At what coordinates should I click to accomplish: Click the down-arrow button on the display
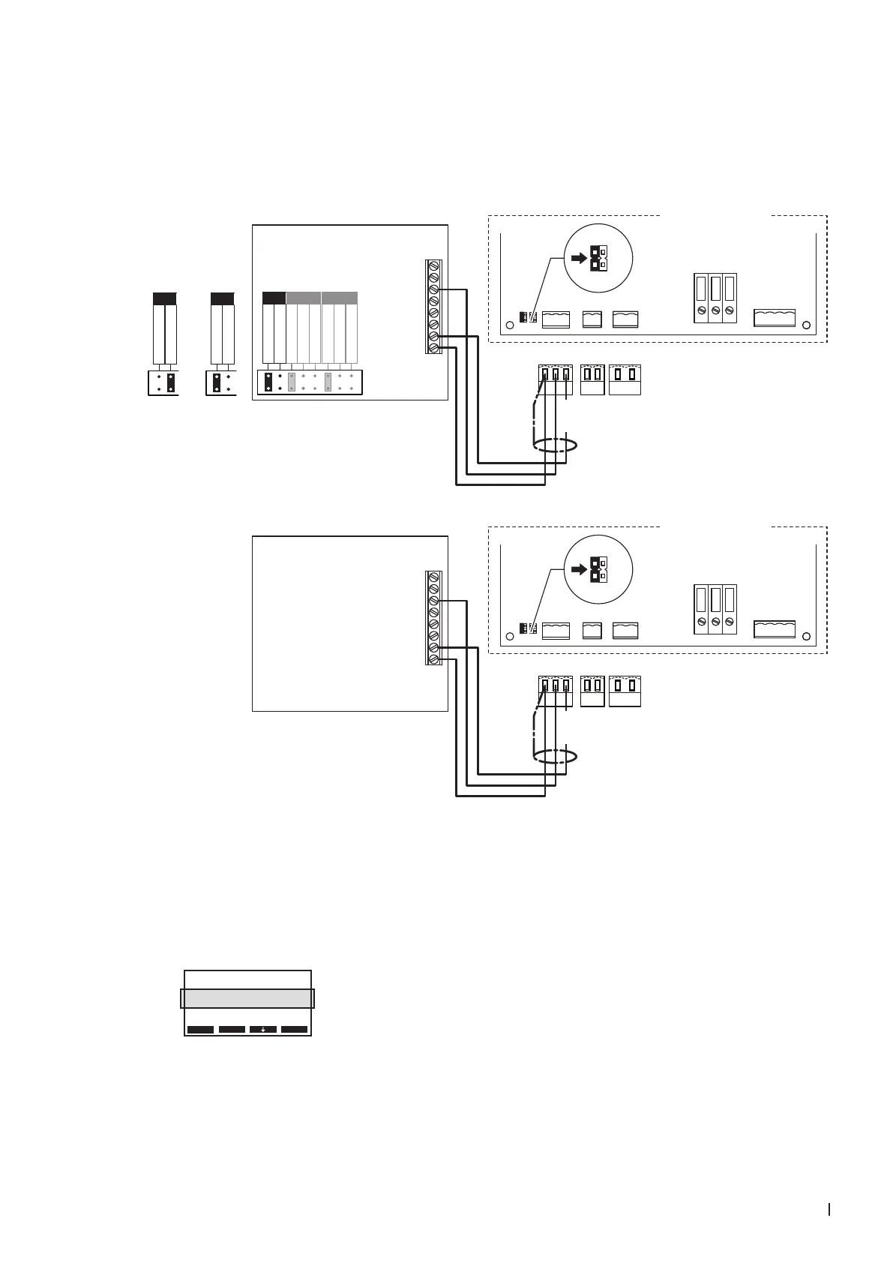coord(263,1029)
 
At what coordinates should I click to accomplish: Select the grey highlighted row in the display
coord(247,998)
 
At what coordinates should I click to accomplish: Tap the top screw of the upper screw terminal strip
coord(433,265)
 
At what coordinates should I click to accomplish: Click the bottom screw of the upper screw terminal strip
coord(433,349)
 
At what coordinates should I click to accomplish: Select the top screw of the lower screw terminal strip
coord(433,577)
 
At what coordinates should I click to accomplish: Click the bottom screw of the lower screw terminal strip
coord(433,659)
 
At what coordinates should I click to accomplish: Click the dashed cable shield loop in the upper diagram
coord(556,445)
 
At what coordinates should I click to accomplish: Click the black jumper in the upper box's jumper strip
coord(268,382)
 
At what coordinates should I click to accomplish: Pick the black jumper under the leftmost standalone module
coord(171,382)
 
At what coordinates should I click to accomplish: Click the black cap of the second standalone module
coord(223,298)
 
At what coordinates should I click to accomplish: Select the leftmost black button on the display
coord(200,1029)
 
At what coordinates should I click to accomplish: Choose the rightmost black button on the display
coord(295,1029)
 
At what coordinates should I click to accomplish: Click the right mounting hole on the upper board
coord(806,325)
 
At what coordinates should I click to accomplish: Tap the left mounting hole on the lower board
coord(510,637)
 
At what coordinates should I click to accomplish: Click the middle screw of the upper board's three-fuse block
coord(715,310)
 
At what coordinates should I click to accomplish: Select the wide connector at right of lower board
coord(775,628)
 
